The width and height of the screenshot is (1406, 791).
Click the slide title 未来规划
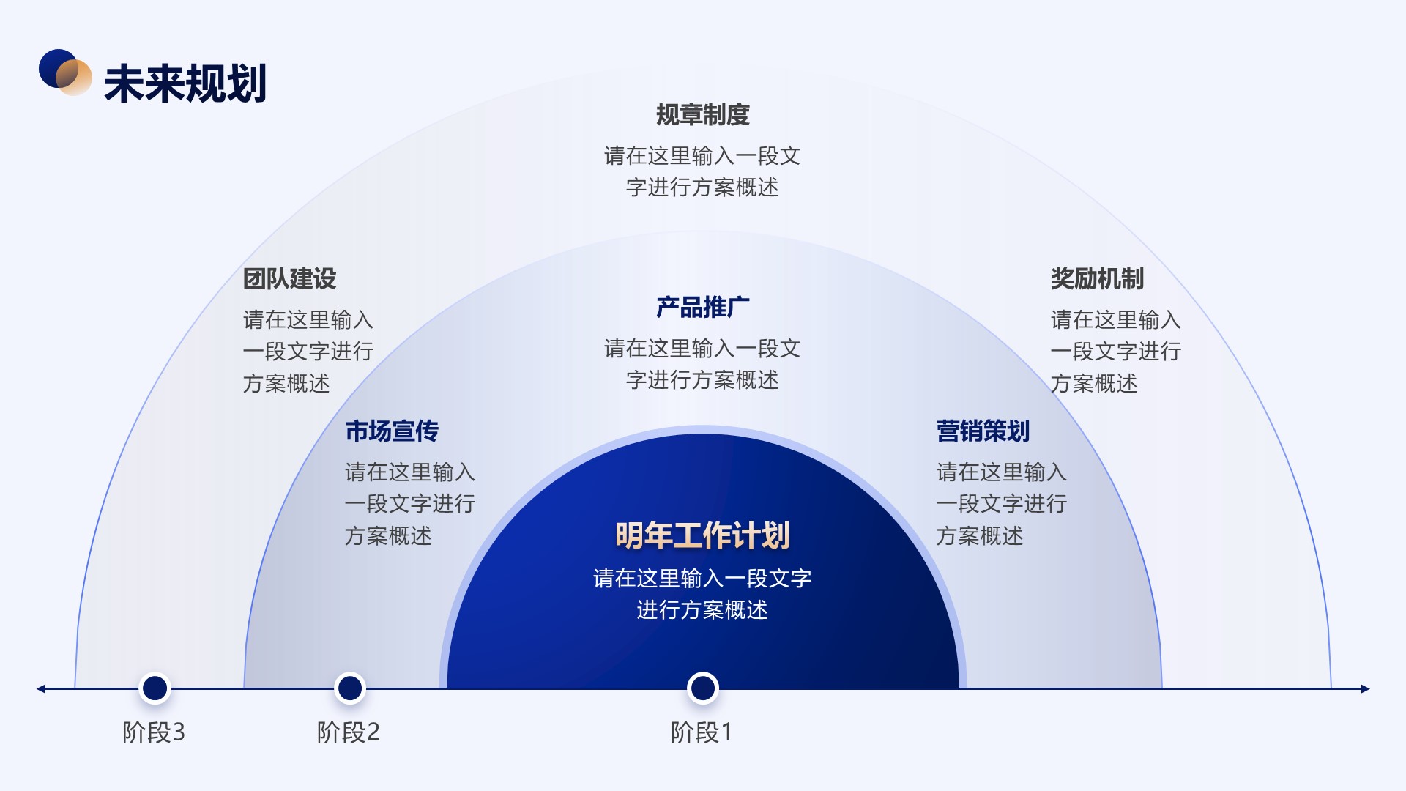coord(185,83)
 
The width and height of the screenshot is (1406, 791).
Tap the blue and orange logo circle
coord(65,72)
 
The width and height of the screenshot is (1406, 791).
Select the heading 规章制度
coord(702,115)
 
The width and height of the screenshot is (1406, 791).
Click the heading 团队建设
coord(289,279)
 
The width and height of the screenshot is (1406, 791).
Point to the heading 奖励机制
coord(1097,279)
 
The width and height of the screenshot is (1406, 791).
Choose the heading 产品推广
coord(702,308)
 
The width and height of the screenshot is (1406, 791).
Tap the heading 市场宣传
coord(392,431)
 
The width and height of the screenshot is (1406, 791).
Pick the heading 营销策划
coord(983,431)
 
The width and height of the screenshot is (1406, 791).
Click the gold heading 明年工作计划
coord(702,535)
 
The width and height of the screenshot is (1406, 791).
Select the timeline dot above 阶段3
coord(155,688)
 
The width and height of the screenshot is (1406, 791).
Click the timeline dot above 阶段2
coord(350,688)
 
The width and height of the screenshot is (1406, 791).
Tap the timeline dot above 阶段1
coord(703,688)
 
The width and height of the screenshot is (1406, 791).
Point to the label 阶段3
coord(154,732)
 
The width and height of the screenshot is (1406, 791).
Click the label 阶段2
coord(349,732)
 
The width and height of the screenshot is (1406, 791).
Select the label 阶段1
coord(702,732)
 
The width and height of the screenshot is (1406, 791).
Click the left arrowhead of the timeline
coord(41,688)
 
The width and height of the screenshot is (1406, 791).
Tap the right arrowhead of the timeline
coord(1365,688)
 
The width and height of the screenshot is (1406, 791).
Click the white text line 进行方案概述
coord(702,610)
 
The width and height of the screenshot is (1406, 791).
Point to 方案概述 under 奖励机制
coord(1094,384)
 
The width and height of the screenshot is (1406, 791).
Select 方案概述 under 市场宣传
coord(388,536)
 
